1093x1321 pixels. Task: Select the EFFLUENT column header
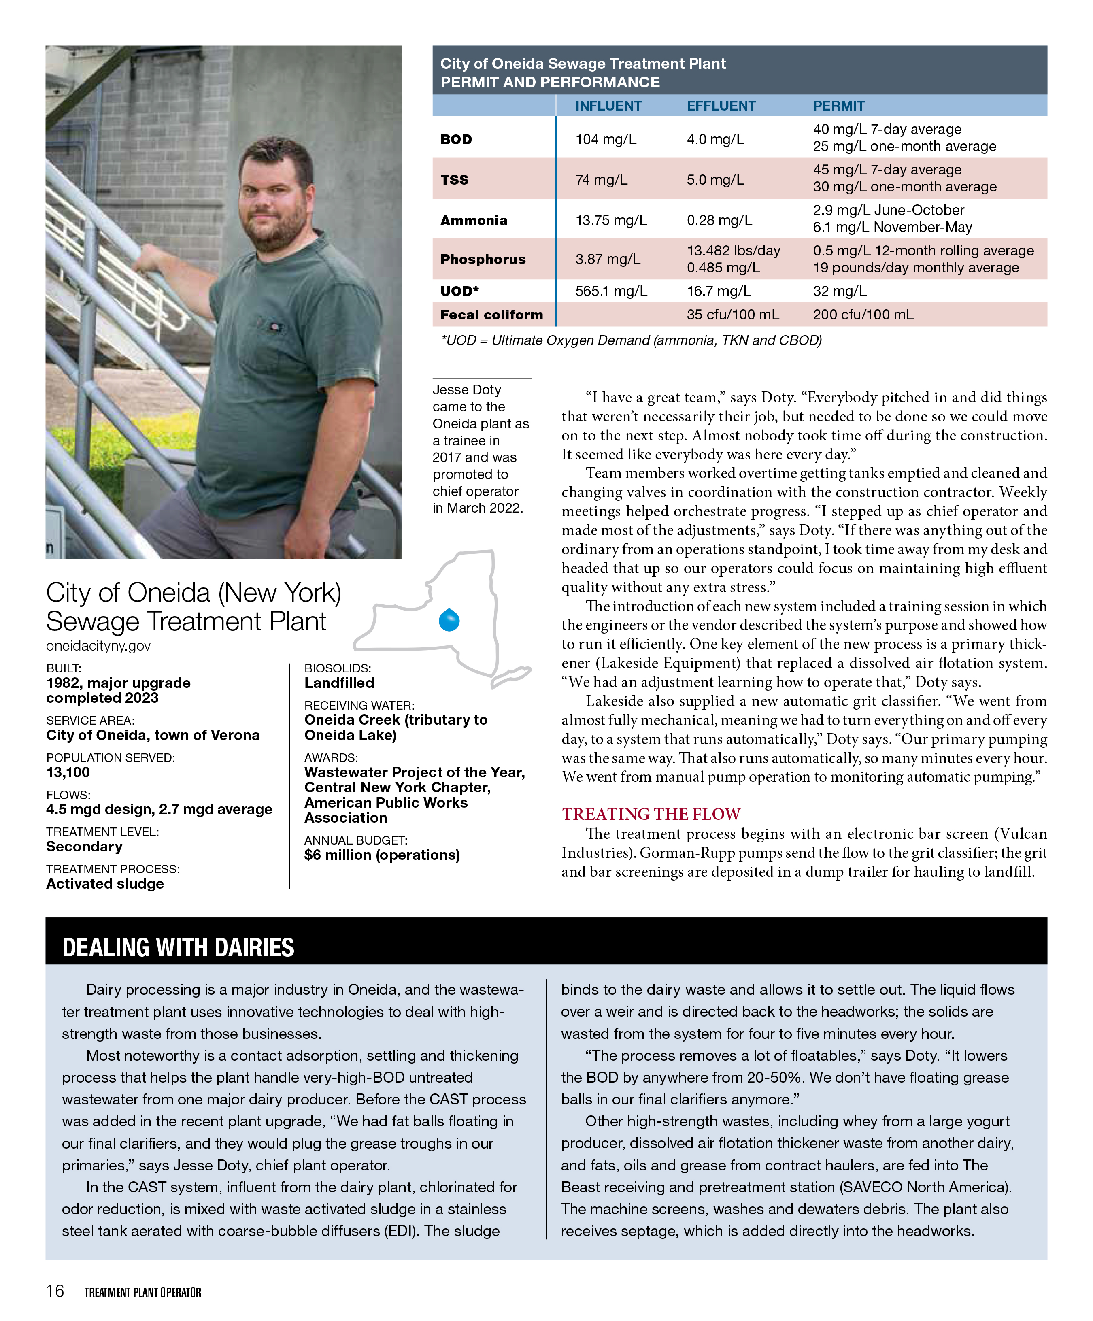tap(721, 106)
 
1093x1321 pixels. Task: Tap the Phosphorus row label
tap(483, 259)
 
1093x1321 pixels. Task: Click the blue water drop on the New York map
tap(449, 620)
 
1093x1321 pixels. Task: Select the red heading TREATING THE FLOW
tap(651, 814)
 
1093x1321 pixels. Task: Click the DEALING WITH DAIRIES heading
tap(178, 947)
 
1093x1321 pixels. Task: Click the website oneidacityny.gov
tap(98, 645)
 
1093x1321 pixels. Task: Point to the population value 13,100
tap(68, 772)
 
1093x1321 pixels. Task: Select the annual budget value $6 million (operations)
tap(382, 855)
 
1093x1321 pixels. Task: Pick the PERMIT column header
tap(838, 106)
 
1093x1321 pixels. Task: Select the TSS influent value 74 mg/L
tap(601, 180)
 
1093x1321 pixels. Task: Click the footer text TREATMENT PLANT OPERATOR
tap(143, 1292)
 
